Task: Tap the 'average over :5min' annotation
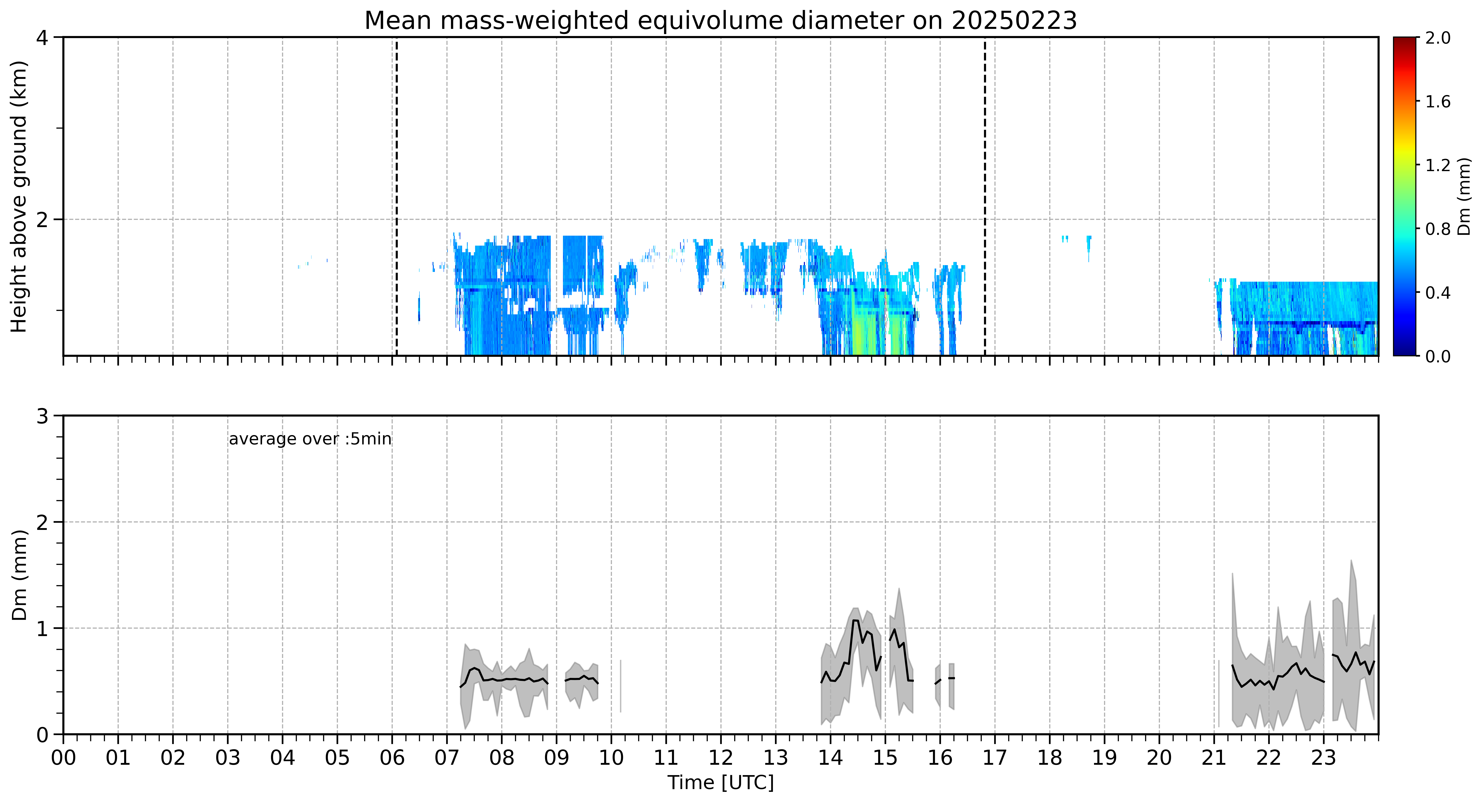[310, 439]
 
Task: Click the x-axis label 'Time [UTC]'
[721, 783]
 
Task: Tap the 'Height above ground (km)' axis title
[19, 197]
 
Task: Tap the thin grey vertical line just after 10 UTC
[621, 686]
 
